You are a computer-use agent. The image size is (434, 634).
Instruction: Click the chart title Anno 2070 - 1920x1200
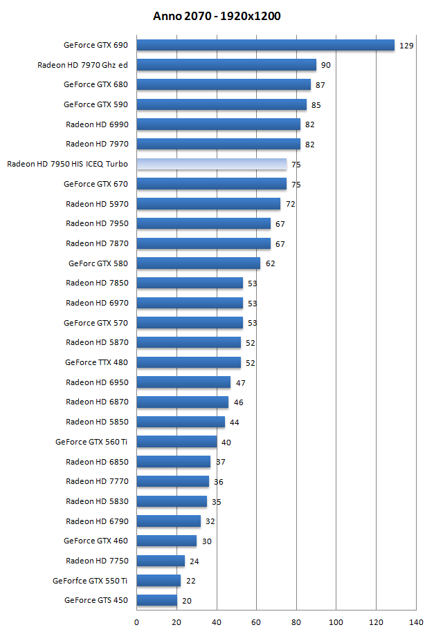tap(217, 16)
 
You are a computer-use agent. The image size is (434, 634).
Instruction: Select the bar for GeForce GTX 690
tap(265, 45)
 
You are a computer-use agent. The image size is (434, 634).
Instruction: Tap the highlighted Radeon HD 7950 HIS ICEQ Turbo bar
tap(211, 164)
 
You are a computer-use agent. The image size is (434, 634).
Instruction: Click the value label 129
tap(406, 46)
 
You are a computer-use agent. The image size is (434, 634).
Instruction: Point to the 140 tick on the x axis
tap(416, 622)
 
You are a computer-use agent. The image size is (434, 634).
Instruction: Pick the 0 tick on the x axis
tap(136, 622)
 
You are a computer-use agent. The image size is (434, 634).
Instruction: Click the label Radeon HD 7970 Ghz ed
tap(82, 65)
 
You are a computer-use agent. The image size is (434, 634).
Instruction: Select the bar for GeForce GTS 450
tap(156, 600)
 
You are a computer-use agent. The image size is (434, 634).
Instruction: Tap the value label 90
tap(326, 65)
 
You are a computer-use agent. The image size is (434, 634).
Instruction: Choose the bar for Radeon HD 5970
tap(208, 204)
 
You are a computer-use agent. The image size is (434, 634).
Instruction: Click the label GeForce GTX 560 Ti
tap(91, 442)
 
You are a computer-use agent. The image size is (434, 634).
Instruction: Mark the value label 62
tap(271, 263)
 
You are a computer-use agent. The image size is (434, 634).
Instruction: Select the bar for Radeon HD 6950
tap(183, 382)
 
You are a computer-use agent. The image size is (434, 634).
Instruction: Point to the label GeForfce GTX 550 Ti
tap(90, 581)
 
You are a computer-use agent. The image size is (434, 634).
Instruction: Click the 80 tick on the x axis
tap(296, 622)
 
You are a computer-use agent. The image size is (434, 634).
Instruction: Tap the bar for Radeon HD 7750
tap(161, 561)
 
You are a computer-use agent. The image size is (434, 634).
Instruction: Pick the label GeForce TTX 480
tap(96, 362)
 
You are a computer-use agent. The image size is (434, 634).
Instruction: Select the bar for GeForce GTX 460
tap(166, 541)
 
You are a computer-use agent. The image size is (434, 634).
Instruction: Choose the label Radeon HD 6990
tap(97, 124)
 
